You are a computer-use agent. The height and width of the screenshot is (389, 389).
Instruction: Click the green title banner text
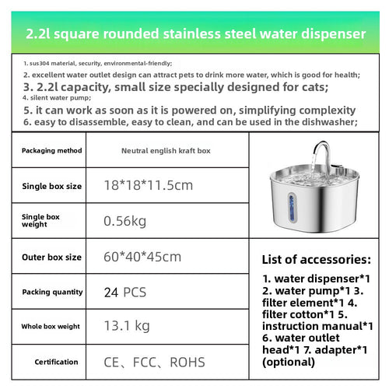(194, 34)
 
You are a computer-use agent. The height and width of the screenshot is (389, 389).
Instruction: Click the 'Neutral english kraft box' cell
(166, 150)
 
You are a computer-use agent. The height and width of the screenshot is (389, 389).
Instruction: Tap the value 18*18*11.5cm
(148, 185)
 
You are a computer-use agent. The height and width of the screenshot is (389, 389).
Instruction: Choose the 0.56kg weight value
(124, 221)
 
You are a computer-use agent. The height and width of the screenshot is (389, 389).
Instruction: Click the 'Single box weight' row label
(40, 221)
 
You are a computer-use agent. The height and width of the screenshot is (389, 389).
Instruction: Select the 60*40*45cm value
(142, 257)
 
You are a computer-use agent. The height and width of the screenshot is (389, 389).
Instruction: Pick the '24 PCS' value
(124, 293)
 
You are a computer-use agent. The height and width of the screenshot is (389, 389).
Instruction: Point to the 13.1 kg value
(127, 327)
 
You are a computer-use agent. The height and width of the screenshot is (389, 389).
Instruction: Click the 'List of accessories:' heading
(317, 259)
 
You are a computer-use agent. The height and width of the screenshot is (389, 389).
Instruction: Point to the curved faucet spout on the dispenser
(321, 148)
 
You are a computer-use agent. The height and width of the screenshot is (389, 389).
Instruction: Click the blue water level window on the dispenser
(293, 206)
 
